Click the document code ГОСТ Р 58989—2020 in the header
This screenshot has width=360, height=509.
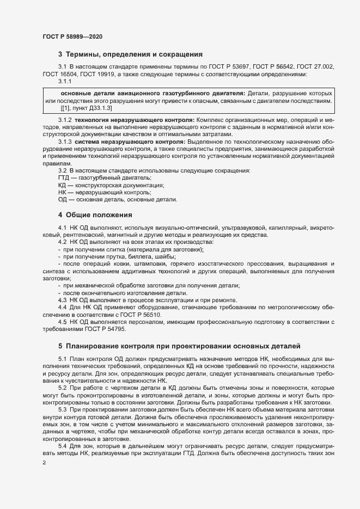click(x=72, y=36)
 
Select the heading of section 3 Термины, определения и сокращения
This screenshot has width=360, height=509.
click(x=130, y=54)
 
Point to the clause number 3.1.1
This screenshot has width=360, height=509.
click(x=65, y=81)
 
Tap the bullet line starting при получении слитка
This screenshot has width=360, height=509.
click(x=133, y=249)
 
